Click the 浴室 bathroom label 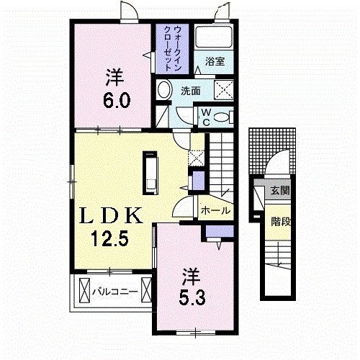(215, 62)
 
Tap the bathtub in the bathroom (213, 37)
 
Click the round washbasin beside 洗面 (164, 90)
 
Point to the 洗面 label (191, 91)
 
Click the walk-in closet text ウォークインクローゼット (172, 48)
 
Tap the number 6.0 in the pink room (117, 100)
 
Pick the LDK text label (111, 216)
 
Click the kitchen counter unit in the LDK (150, 173)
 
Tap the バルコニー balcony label (115, 292)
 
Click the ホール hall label (215, 211)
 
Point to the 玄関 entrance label (280, 191)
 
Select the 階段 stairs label (281, 222)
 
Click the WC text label (206, 117)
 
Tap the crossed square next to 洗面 (224, 90)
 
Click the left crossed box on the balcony (84, 291)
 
